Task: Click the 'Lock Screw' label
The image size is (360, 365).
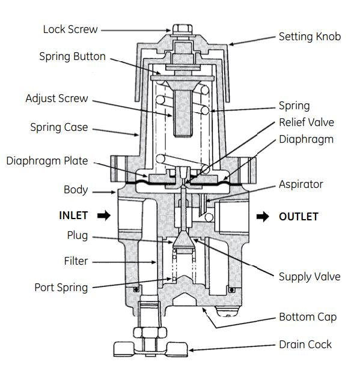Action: [x=70, y=29]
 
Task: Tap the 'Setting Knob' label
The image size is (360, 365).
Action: [x=310, y=37]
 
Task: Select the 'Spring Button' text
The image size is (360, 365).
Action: [x=72, y=57]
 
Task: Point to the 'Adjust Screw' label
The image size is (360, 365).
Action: [x=56, y=98]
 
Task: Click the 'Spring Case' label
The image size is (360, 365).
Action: [x=59, y=127]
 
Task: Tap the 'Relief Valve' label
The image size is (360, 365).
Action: [x=306, y=122]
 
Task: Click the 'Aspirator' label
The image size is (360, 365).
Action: [x=301, y=184]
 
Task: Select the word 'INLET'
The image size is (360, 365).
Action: [x=73, y=216]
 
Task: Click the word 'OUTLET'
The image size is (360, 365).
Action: [x=298, y=217]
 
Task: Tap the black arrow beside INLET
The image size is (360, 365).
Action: [x=103, y=216]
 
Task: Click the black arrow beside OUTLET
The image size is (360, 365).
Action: [x=263, y=217]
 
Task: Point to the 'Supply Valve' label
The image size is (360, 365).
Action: [x=309, y=277]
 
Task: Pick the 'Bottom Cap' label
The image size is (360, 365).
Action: [x=307, y=317]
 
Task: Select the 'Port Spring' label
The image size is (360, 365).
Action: [x=61, y=287]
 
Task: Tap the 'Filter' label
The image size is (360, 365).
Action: [x=76, y=261]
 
